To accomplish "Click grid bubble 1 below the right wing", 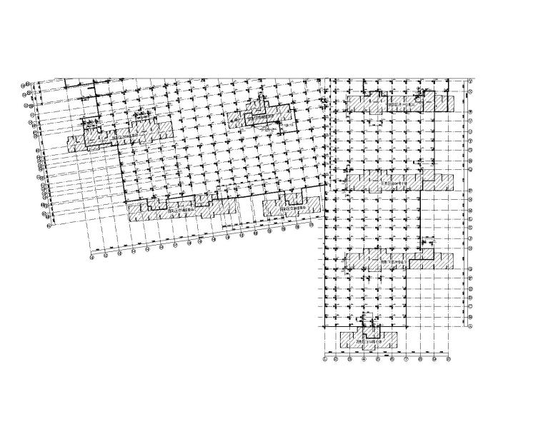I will pyautogui.click(x=325, y=360).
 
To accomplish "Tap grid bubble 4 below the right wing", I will pyautogui.click(x=364, y=360).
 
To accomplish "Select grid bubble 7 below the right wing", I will pyautogui.click(x=406, y=360).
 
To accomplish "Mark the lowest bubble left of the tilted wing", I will pyautogui.click(x=49, y=227).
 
